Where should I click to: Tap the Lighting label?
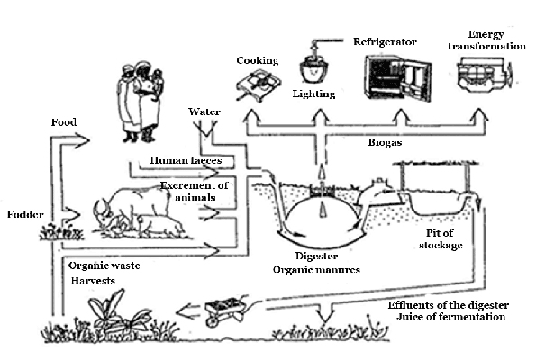pyautogui.click(x=313, y=93)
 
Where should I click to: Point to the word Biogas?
pyautogui.click(x=386, y=142)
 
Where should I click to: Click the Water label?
pyautogui.click(x=204, y=112)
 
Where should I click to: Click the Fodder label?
pyautogui.click(x=23, y=216)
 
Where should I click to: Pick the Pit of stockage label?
pyautogui.click(x=443, y=238)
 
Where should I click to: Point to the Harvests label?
pyautogui.click(x=92, y=282)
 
